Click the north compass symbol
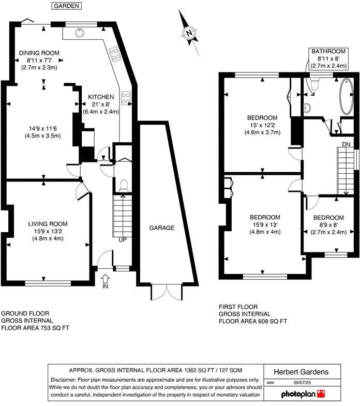189,34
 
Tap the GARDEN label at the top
66,6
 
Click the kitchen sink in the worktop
79,33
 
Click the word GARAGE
162,228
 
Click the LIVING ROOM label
48,224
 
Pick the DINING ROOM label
39,53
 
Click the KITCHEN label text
100,97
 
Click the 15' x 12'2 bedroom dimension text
262,125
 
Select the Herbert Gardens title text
301,372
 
